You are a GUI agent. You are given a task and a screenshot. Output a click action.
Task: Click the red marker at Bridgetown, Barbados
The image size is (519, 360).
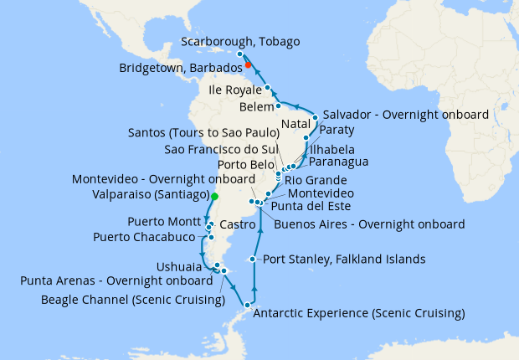(248, 64)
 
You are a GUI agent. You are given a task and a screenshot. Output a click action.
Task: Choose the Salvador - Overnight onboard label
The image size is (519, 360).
(405, 114)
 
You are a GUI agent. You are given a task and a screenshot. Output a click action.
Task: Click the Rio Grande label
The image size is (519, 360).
(316, 180)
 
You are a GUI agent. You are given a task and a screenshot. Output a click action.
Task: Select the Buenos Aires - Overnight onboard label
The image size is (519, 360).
(369, 224)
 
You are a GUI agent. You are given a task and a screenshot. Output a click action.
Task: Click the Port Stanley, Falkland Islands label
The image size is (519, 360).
(344, 259)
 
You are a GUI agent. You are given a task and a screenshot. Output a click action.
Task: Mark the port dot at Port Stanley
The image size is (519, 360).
(254, 260)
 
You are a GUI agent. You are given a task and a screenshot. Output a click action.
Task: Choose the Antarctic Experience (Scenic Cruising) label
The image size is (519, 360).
(358, 314)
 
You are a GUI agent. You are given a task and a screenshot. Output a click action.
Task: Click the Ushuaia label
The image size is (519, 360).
(178, 266)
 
